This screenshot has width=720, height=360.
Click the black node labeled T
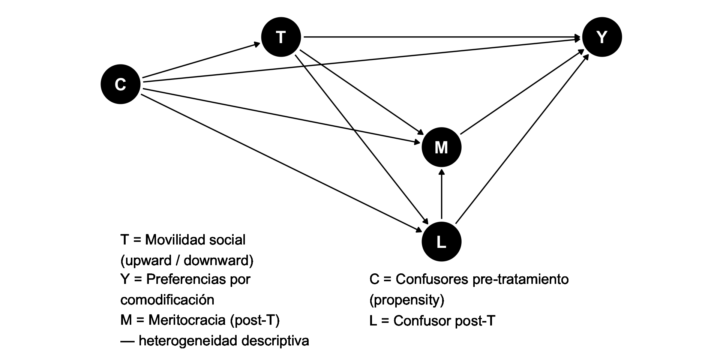pos(281,37)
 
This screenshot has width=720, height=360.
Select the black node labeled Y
pos(602,37)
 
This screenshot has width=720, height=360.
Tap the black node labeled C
pos(120,84)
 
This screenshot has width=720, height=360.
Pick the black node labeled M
pos(441,147)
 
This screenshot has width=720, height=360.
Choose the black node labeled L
pos(441,242)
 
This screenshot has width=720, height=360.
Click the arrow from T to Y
pos(442,37)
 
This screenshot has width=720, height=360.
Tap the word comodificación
pos(167,300)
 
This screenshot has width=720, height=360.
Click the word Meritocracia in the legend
pos(187,320)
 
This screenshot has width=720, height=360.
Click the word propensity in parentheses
pos(407,300)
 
